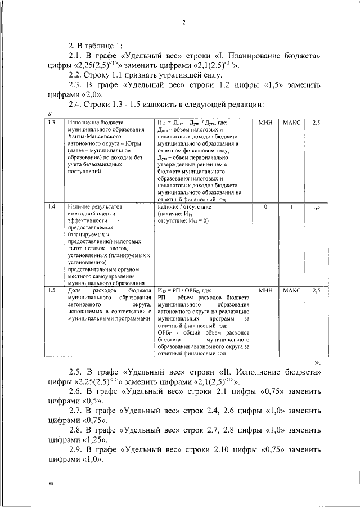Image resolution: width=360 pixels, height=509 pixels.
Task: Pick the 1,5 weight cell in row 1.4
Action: click(316, 206)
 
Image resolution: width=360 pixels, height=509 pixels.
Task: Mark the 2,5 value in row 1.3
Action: click(316, 122)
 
